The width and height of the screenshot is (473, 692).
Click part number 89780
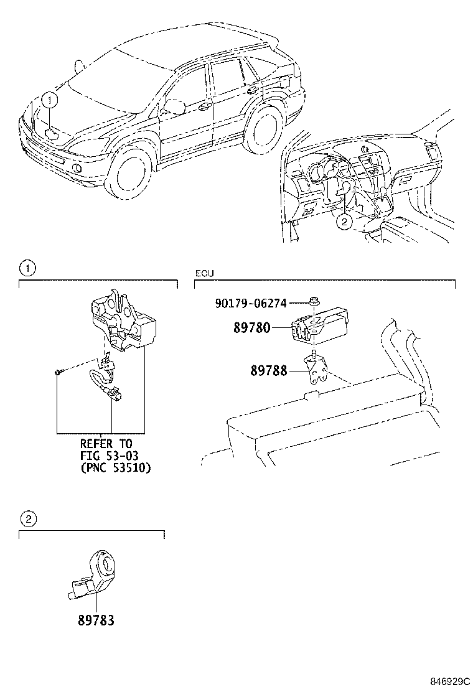click(251, 328)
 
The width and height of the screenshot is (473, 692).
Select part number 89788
click(269, 370)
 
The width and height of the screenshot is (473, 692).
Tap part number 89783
click(96, 620)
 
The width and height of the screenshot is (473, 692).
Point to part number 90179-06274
click(251, 303)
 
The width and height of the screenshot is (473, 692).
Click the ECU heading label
click(204, 274)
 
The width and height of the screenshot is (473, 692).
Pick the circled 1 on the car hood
click(49, 101)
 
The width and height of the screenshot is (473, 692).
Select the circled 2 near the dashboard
click(345, 222)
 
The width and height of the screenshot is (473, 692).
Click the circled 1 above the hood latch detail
click(28, 268)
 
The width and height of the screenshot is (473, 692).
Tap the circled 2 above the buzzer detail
click(28, 519)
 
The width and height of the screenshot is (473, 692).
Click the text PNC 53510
click(116, 467)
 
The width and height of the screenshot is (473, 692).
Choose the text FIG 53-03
click(109, 456)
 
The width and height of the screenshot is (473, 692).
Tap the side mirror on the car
click(174, 106)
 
